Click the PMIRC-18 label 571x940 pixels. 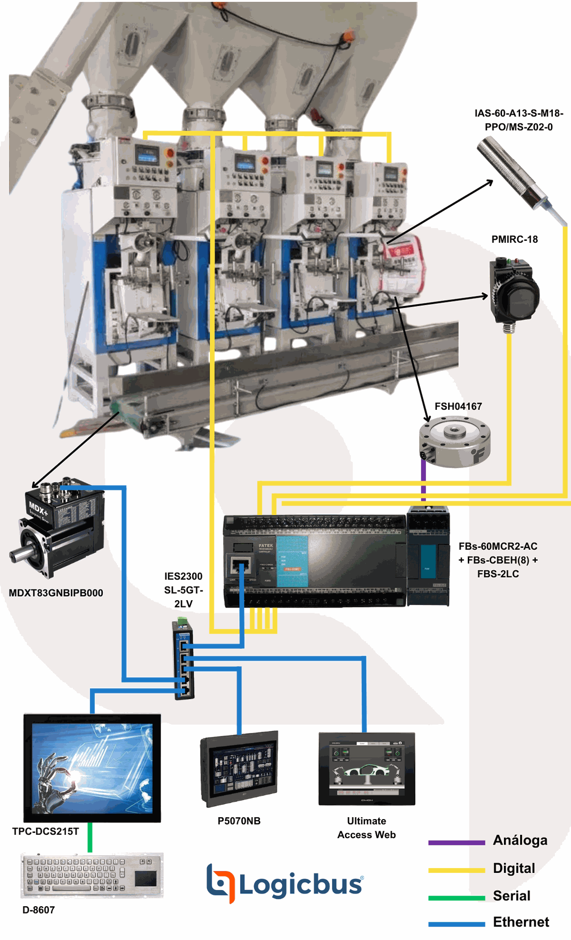(x=514, y=239)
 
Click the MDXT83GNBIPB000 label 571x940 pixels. (x=56, y=593)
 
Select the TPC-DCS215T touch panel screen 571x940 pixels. (x=92, y=768)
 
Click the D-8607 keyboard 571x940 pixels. (x=92, y=875)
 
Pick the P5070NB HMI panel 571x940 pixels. (x=239, y=769)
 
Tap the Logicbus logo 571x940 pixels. (x=284, y=884)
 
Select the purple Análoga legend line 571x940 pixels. (x=456, y=843)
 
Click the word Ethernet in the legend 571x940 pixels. (x=521, y=922)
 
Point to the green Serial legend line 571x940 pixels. (x=456, y=898)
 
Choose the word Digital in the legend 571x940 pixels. (x=514, y=868)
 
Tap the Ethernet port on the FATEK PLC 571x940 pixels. (x=240, y=567)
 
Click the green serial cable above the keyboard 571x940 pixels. (x=90, y=837)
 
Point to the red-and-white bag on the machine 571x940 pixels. (x=404, y=264)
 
